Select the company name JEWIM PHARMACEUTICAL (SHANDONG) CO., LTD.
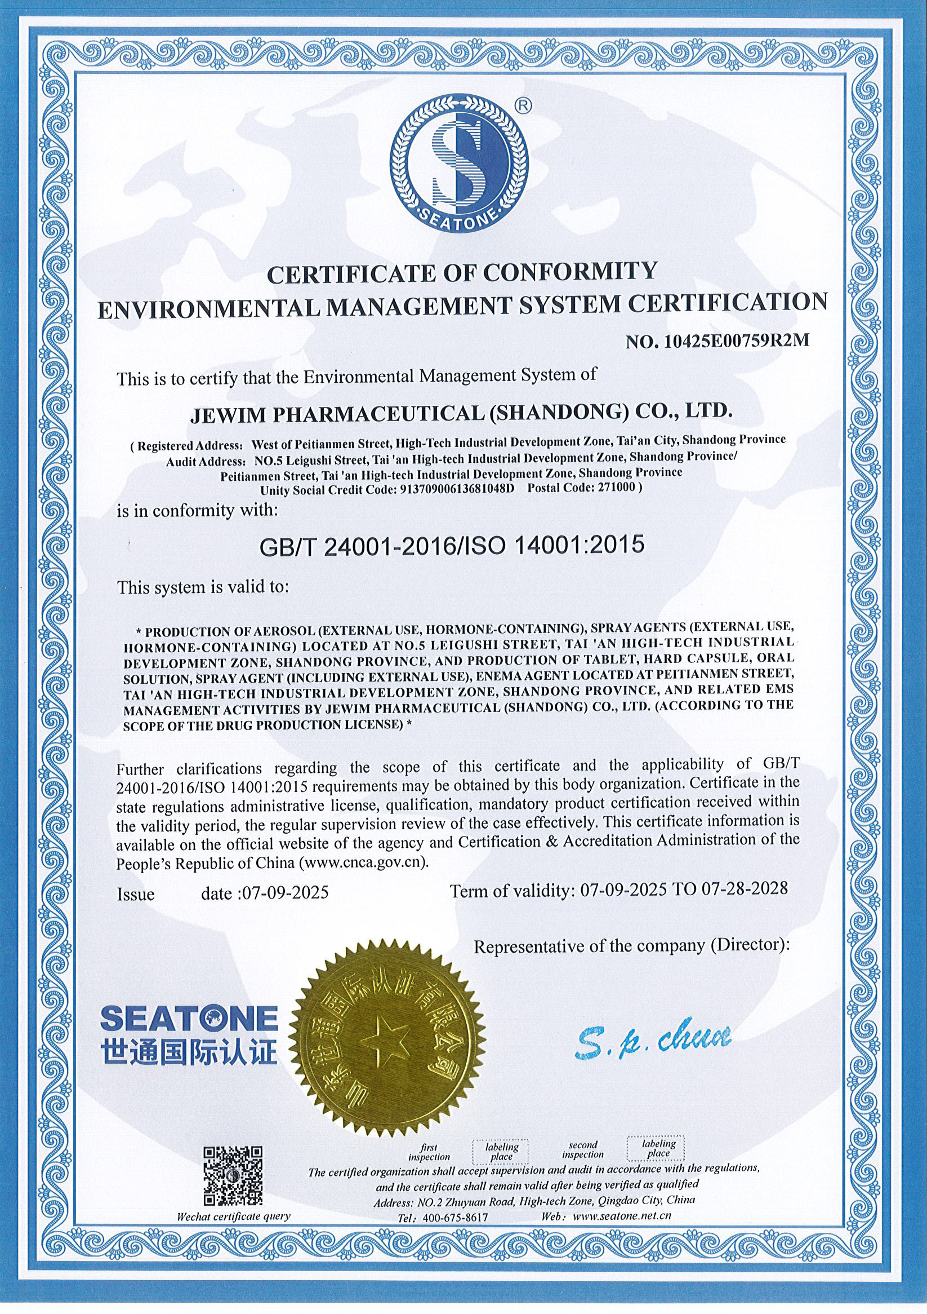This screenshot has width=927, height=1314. pos(460,413)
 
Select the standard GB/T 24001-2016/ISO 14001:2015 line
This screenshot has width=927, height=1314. pos(452,544)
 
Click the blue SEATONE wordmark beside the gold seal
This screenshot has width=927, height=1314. pos(189,1019)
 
